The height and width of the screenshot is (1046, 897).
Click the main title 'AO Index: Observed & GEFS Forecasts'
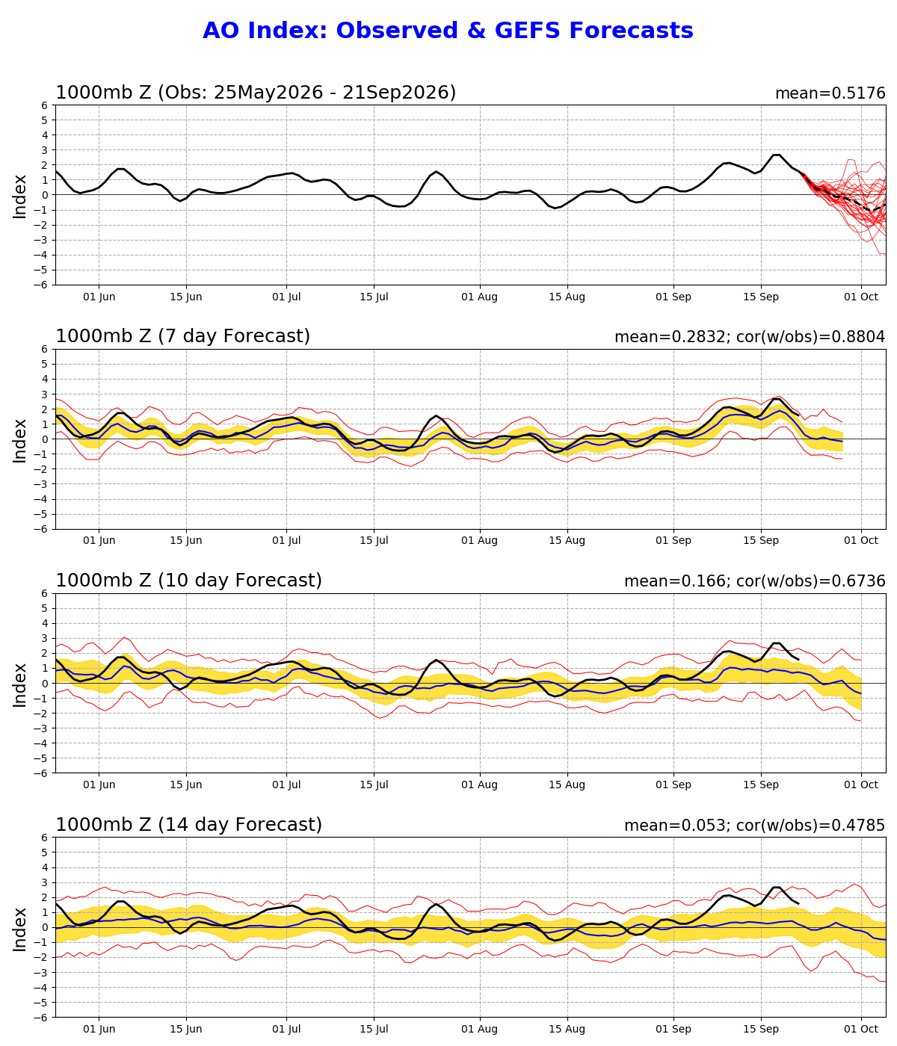tap(448, 31)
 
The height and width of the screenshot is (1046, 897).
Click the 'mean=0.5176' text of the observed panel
tap(830, 93)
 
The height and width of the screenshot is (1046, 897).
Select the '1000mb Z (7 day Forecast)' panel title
tap(182, 336)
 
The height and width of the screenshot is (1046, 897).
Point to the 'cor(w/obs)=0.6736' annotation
tap(810, 581)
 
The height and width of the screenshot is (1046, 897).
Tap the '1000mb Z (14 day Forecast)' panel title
tap(188, 824)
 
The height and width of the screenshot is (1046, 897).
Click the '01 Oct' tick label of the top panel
tap(861, 297)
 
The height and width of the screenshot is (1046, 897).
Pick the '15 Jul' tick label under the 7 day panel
tap(374, 540)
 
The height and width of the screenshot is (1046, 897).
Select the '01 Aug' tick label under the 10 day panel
tap(479, 785)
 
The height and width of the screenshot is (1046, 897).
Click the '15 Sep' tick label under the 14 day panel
tap(761, 1029)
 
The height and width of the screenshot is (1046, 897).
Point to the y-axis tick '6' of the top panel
tap(45, 105)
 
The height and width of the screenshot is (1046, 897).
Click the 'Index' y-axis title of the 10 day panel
tap(19, 685)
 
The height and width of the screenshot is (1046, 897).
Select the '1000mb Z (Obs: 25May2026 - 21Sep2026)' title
tap(256, 93)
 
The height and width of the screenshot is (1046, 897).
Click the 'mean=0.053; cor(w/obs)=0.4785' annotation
tap(755, 826)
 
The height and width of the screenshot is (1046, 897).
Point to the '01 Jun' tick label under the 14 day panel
tap(99, 1029)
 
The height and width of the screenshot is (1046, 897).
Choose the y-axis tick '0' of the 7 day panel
tap(45, 439)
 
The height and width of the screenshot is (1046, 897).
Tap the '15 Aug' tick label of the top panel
tap(567, 297)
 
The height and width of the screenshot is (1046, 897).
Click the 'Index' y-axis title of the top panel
tap(19, 196)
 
